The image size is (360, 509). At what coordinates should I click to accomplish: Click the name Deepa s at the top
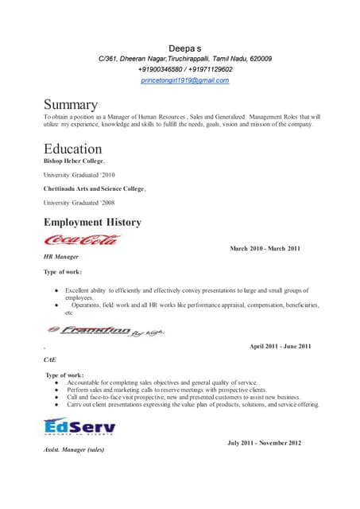[184, 48]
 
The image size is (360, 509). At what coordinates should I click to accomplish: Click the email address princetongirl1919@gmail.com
[184, 80]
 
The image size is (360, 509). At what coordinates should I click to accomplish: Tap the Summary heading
[71, 105]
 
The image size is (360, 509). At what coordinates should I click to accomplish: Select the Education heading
[72, 149]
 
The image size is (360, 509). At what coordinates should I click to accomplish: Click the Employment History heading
[92, 222]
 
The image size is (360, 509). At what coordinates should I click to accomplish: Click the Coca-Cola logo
[81, 239]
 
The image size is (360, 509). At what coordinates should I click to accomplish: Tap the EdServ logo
[79, 428]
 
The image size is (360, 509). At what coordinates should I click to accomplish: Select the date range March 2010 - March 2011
[265, 249]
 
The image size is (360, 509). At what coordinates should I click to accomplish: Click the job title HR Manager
[61, 257]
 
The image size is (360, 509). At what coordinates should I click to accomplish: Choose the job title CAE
[50, 359]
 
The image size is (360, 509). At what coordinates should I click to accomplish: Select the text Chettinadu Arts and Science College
[95, 188]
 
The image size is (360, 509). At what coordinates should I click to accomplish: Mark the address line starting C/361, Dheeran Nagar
[184, 59]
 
